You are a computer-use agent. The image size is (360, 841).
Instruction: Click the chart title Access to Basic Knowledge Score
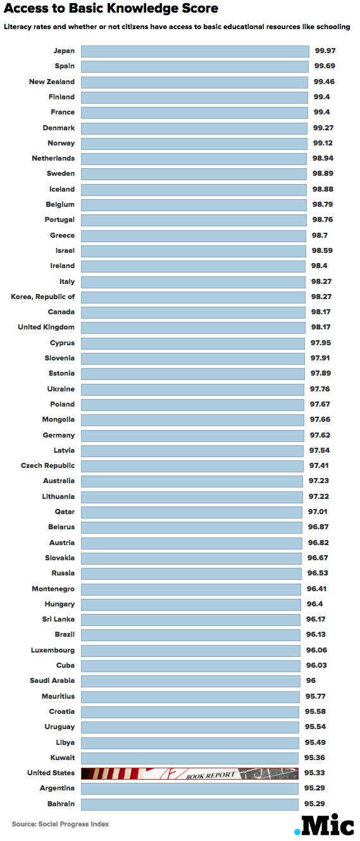pos(111,9)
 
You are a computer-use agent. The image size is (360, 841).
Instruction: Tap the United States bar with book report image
pos(189,773)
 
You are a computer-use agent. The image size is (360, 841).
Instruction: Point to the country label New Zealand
pos(51,82)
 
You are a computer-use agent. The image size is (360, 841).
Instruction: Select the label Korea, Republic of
pos(43,297)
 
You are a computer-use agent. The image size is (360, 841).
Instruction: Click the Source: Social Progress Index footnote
pos(60,824)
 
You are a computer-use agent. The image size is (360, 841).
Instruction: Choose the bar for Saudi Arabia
pos(190,681)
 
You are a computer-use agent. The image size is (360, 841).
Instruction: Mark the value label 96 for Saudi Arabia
pos(311,681)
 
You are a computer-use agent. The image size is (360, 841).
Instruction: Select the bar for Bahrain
pos(189,804)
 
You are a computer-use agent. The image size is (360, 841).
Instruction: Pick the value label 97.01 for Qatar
pos(318,512)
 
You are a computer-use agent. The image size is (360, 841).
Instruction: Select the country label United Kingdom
pos(46,328)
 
